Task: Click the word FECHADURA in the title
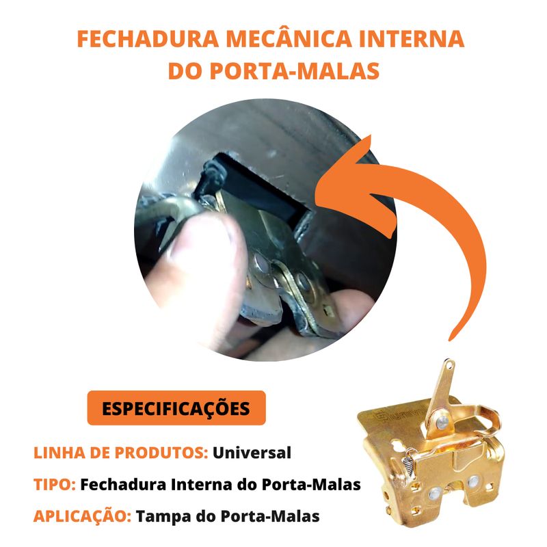click(148, 39)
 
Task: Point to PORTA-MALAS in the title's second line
click(295, 71)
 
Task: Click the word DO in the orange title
click(185, 71)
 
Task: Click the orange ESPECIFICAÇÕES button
click(176, 408)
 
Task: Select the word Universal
click(252, 453)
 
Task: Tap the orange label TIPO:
click(55, 485)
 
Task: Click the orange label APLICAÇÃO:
click(82, 515)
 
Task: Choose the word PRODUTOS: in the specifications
click(161, 453)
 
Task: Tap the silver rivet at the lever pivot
click(442, 423)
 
